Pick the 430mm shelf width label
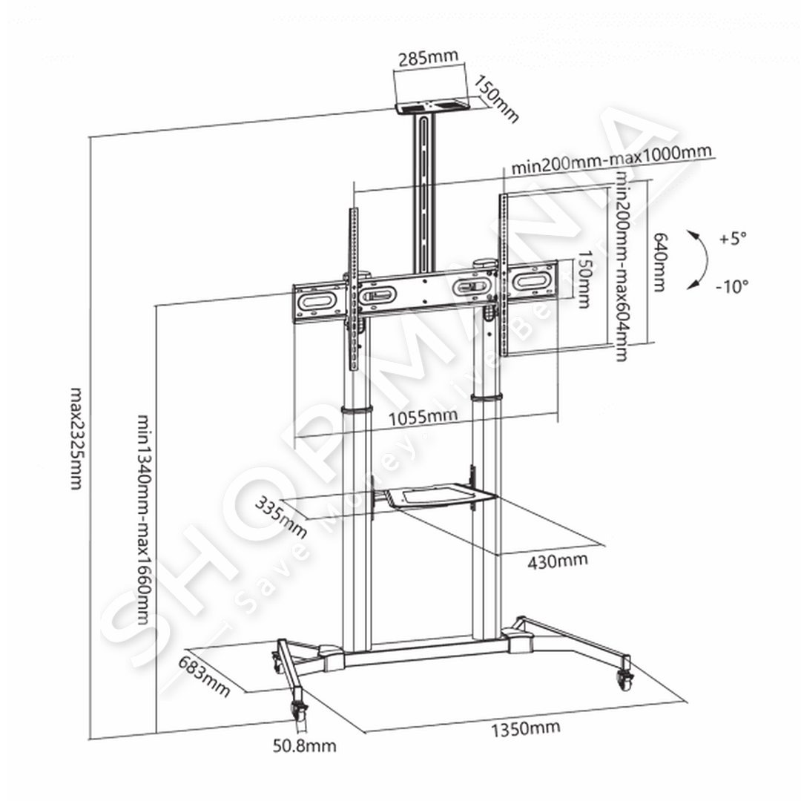coord(557,560)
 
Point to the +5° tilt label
coord(733,239)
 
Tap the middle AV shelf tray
coord(433,495)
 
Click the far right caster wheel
coord(623,677)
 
